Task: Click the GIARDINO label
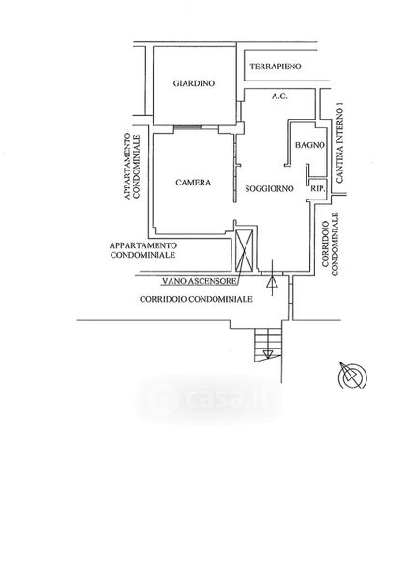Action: pyautogui.click(x=194, y=83)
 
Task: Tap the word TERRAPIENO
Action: pyautogui.click(x=276, y=67)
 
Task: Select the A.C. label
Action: pyautogui.click(x=279, y=96)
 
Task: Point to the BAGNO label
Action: pyautogui.click(x=309, y=145)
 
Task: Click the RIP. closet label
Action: pyautogui.click(x=318, y=188)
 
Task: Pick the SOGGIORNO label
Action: pyautogui.click(x=269, y=188)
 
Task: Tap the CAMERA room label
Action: pyautogui.click(x=193, y=183)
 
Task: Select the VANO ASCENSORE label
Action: pyautogui.click(x=200, y=281)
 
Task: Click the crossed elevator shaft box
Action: pyautogui.click(x=244, y=250)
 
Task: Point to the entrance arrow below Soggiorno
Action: pyautogui.click(x=272, y=278)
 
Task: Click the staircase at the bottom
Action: pyautogui.click(x=268, y=345)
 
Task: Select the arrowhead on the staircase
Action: pyautogui.click(x=268, y=354)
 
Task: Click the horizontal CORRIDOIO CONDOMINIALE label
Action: pyautogui.click(x=196, y=299)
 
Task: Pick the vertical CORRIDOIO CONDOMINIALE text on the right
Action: pyautogui.click(x=330, y=244)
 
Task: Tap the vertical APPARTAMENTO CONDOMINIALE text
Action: pyautogui.click(x=131, y=167)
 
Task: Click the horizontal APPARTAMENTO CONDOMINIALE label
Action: pyautogui.click(x=143, y=250)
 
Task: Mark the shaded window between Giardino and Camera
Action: pyautogui.click(x=187, y=126)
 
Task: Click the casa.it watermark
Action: pyautogui.click(x=209, y=399)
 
